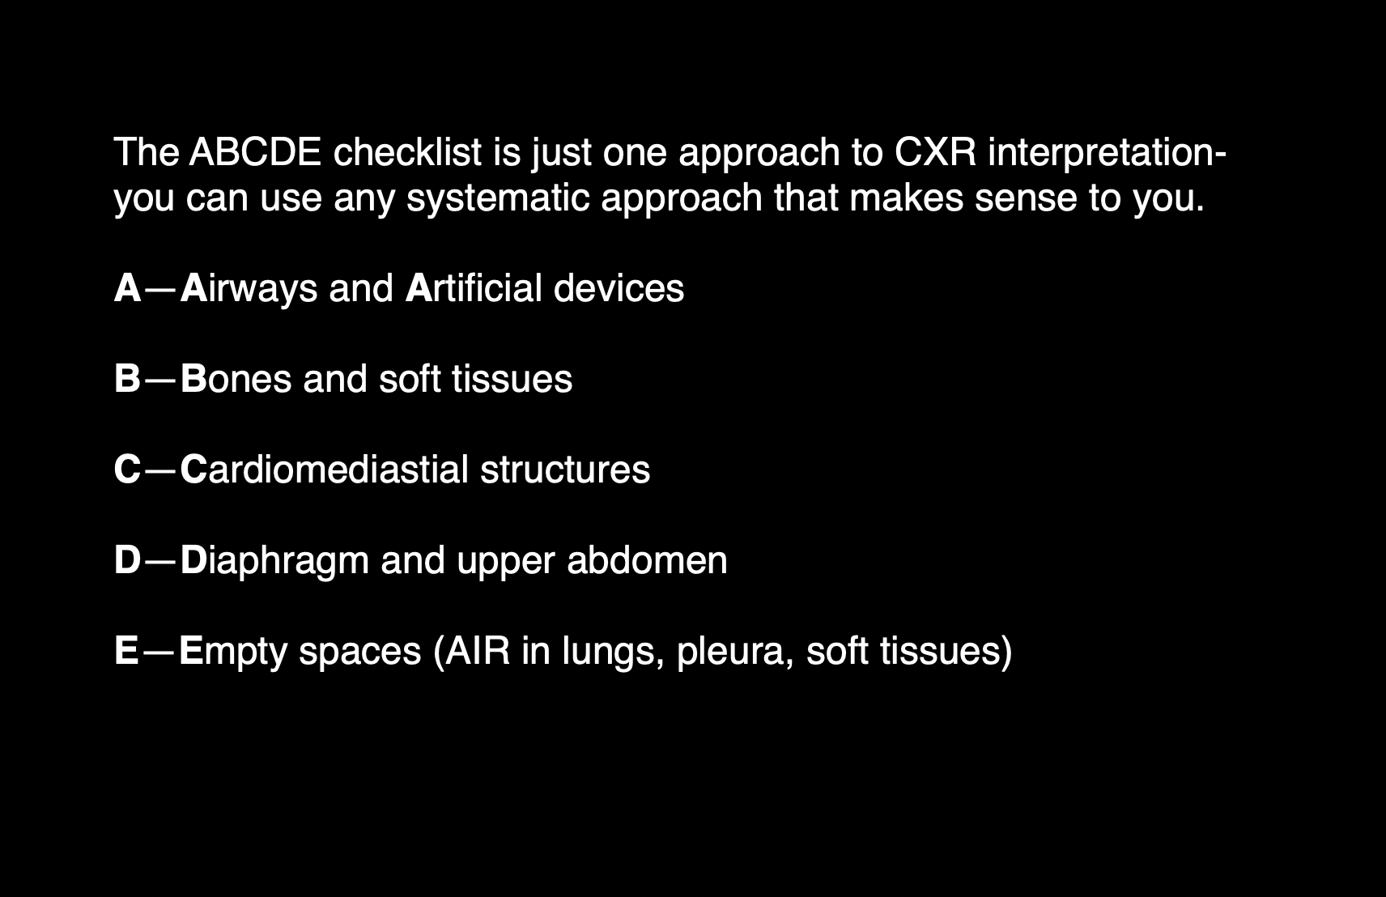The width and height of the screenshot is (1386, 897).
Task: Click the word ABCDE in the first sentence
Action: tap(255, 152)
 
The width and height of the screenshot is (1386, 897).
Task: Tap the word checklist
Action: tap(407, 152)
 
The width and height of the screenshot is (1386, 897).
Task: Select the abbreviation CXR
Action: tap(935, 152)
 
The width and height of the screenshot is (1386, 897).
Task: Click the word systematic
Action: tap(497, 199)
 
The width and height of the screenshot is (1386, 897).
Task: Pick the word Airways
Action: tap(249, 288)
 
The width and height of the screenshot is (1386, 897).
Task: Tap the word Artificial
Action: tap(474, 287)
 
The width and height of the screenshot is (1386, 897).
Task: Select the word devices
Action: tap(619, 287)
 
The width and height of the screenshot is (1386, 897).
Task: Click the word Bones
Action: tap(236, 379)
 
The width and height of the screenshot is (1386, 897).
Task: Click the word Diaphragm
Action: tap(274, 560)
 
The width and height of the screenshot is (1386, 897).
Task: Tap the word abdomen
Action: tap(647, 560)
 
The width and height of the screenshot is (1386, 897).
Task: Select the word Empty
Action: tap(232, 652)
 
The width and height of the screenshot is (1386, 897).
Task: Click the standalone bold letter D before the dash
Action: tap(127, 560)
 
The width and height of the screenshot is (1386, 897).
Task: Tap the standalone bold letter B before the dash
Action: tap(127, 379)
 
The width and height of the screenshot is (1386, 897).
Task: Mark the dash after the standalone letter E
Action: tap(159, 653)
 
